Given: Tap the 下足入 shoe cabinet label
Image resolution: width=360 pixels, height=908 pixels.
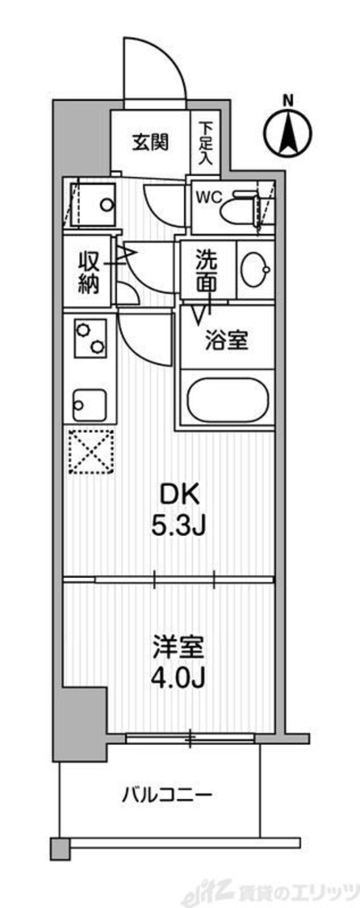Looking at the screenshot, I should pos(206,143).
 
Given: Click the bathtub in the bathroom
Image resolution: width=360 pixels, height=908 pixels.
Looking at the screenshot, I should pos(227,398).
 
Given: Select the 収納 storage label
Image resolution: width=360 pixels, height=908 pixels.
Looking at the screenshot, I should pos(88,273).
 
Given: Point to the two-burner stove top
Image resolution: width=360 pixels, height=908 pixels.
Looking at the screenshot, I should pos(90,336).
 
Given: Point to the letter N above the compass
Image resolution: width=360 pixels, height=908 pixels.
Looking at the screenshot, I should pos(288,100).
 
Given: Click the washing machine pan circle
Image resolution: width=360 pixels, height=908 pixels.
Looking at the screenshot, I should pos(106,205).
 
